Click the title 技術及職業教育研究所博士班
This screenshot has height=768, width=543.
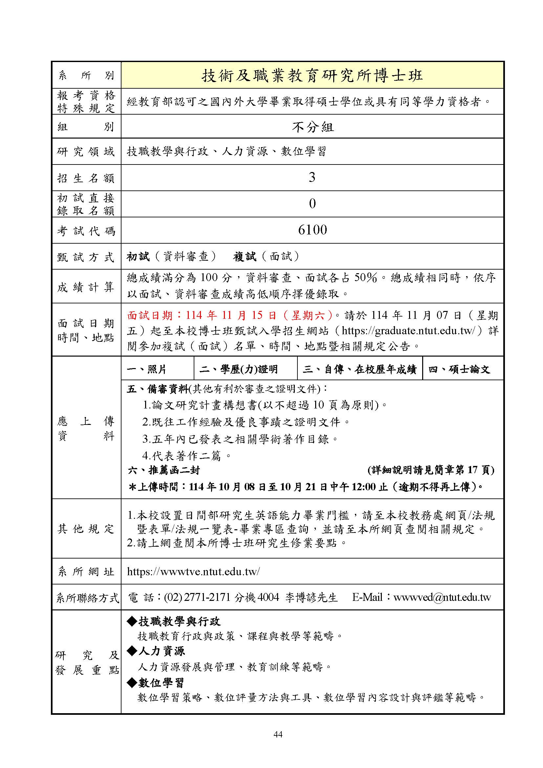pos(312,76)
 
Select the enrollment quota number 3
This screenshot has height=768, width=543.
pos(312,177)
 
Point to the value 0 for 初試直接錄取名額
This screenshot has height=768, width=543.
pos(312,204)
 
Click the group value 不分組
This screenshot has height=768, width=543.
pos(312,127)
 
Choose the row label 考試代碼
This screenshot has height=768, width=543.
pos(86,231)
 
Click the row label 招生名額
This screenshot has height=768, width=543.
pos(86,178)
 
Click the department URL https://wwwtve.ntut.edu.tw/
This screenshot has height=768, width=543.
pos(193,571)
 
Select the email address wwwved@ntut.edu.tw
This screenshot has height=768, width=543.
pos(442,597)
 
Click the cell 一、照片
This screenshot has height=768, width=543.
pos(147,369)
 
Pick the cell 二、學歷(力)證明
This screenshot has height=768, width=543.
pos(238,369)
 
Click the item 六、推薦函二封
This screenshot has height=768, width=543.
pos(163,470)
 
